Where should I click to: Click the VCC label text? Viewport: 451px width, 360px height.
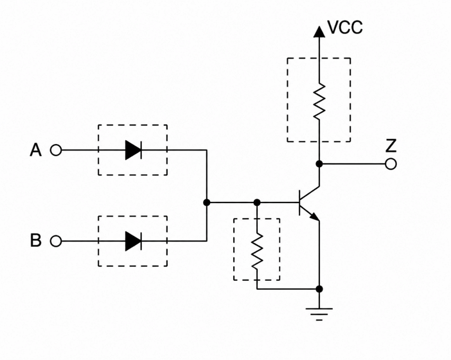tap(345, 28)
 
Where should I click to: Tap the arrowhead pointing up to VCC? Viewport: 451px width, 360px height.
tap(319, 32)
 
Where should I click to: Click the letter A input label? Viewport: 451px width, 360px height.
tap(36, 150)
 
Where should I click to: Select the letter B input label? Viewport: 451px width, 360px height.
tap(36, 240)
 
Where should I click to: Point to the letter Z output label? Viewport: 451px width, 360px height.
tap(391, 146)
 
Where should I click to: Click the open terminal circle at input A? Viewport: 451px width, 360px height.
tap(56, 150)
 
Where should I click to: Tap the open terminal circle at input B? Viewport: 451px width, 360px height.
tap(56, 241)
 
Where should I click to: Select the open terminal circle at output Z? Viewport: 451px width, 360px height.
tap(391, 164)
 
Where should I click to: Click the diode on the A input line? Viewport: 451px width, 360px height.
tap(134, 150)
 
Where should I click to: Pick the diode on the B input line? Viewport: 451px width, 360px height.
tap(134, 241)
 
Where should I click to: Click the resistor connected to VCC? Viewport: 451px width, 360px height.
tap(319, 102)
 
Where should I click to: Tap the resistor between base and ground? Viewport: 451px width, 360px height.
tap(257, 251)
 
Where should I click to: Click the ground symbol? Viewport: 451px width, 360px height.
tap(319, 314)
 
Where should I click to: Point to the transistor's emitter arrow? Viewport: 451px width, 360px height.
tap(315, 217)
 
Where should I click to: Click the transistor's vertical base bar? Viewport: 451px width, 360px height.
tap(300, 203)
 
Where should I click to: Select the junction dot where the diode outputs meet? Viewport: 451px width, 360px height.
tap(206, 203)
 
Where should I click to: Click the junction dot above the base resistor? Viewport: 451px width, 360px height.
tap(257, 203)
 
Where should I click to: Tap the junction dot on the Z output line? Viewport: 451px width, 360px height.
tap(319, 164)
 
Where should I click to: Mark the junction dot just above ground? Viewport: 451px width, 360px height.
tap(319, 289)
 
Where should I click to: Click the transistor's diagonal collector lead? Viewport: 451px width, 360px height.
tap(310, 194)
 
